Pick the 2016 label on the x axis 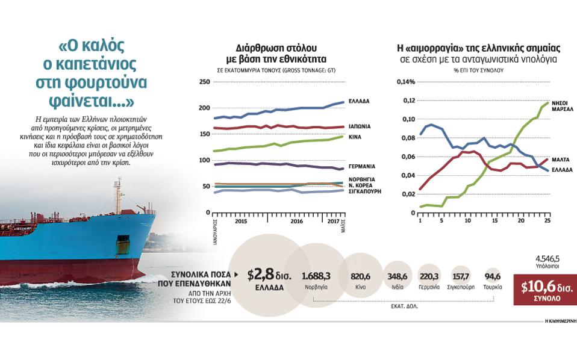297,222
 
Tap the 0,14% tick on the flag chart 406,82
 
